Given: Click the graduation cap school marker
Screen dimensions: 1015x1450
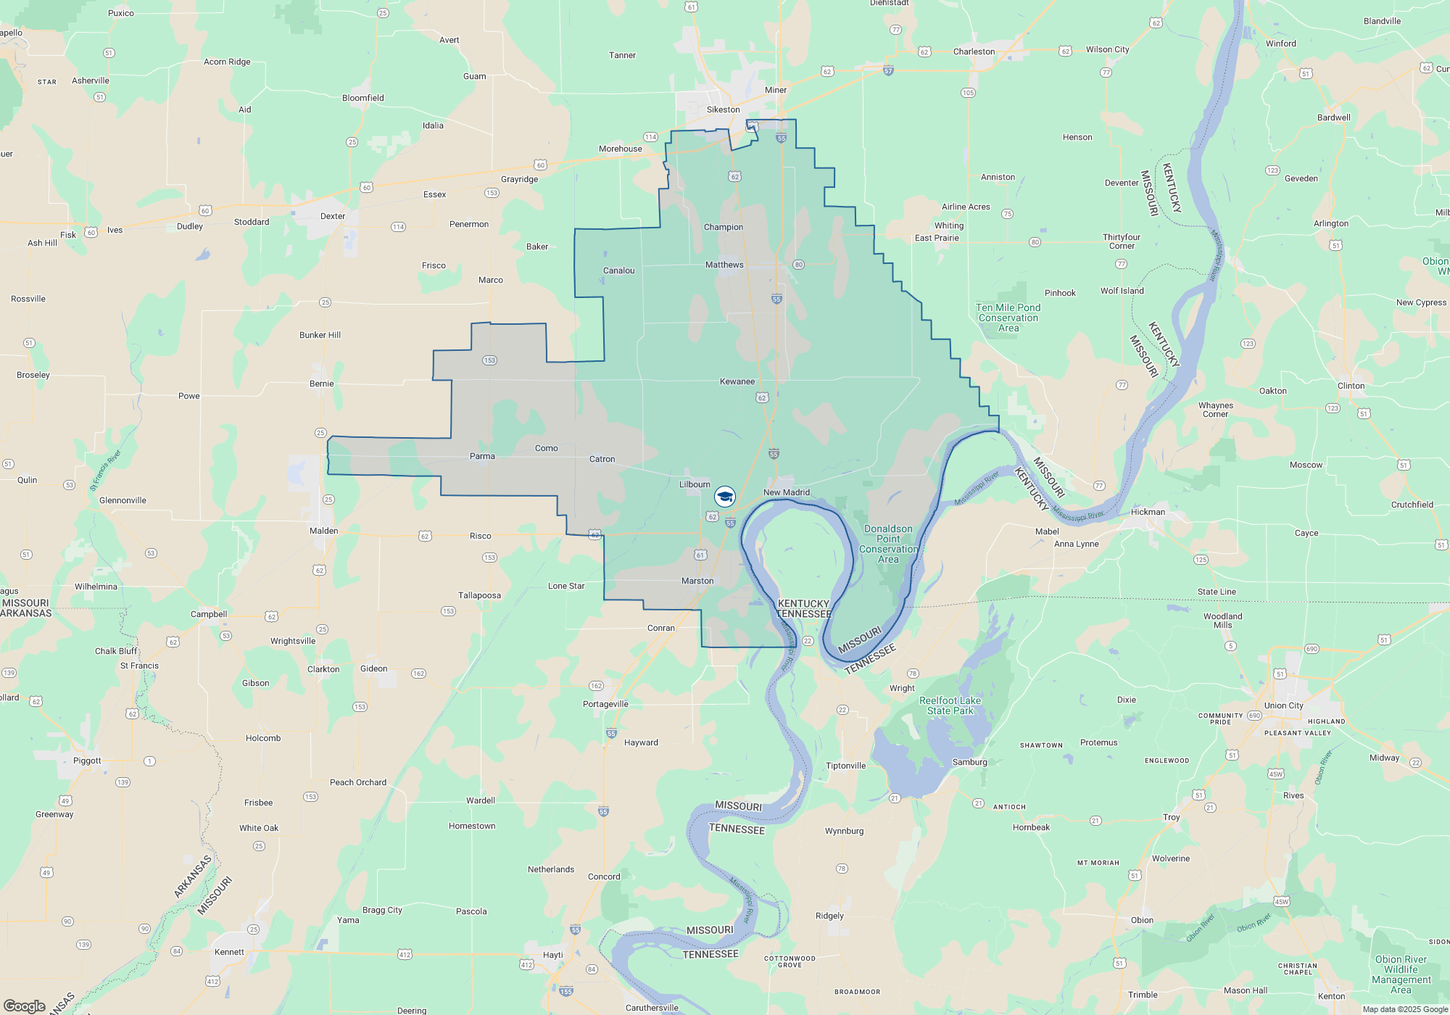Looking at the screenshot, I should tap(725, 497).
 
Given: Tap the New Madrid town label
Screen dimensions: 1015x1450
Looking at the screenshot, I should tap(787, 493).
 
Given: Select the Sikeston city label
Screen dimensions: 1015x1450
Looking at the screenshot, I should tap(724, 110).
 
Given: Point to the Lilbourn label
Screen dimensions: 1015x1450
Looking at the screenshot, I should tap(695, 485).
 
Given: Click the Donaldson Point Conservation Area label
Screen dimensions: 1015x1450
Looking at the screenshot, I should tap(888, 544).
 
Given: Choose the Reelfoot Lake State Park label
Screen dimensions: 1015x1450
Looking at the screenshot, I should tap(950, 705).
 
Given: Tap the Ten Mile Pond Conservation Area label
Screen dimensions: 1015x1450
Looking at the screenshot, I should tap(1008, 318).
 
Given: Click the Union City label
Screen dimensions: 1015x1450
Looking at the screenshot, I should tap(1283, 705).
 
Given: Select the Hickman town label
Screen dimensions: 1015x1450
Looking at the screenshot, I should tap(1148, 512).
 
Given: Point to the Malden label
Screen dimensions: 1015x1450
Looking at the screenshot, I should tap(323, 531).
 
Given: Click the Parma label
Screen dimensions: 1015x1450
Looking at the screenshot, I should tap(482, 457).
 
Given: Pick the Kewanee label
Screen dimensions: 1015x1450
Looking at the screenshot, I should tap(737, 382).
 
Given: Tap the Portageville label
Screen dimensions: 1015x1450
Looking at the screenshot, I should tap(605, 704).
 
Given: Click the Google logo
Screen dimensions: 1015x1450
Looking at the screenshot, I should tap(25, 1006).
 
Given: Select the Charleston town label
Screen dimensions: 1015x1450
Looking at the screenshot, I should tap(974, 52).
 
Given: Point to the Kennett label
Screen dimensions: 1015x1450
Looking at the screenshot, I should tap(229, 952).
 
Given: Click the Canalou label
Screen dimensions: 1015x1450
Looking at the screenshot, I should tap(618, 271).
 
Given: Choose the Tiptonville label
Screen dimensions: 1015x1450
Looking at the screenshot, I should tap(845, 766).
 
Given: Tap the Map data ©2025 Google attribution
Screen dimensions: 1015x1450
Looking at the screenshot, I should tap(1405, 1009).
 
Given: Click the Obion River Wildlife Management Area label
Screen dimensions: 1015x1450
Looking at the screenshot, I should tap(1401, 974).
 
